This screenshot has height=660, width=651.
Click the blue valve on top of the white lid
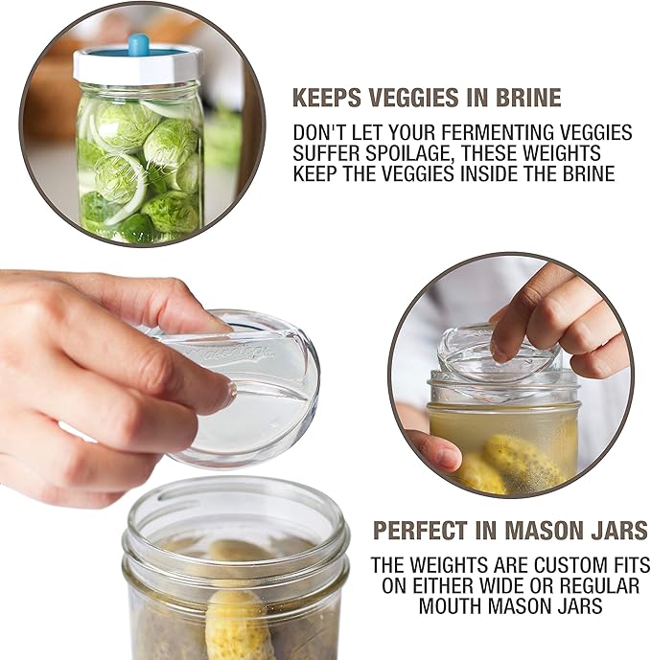point(140,45)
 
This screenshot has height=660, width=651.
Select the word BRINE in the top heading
point(525,98)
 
